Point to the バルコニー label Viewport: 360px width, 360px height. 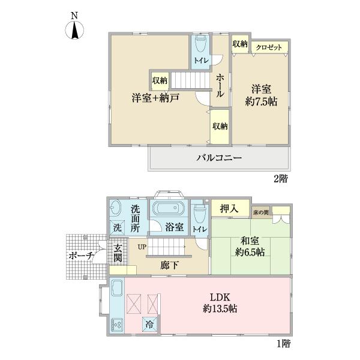point(220,159)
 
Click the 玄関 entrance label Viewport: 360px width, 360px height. point(118,253)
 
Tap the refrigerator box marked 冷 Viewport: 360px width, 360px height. point(149,323)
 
